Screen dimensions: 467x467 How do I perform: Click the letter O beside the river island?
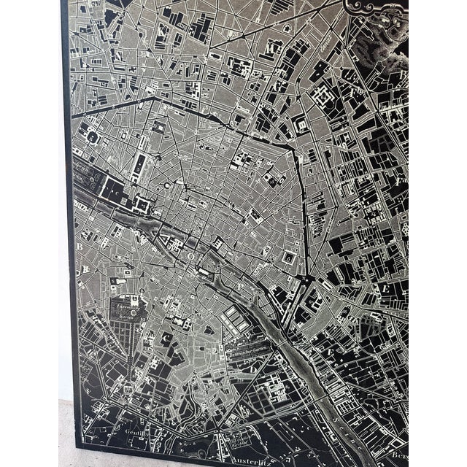185,257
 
